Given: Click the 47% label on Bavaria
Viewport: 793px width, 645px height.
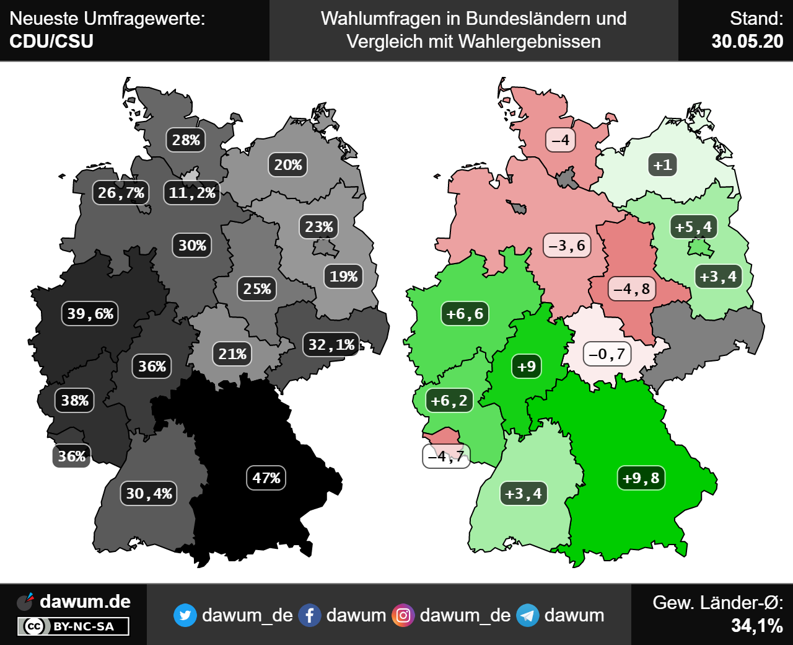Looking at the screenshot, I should (x=266, y=478).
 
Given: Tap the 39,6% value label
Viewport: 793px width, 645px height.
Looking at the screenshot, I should (x=90, y=314).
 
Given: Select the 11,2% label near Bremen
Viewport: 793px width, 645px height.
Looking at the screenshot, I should (x=192, y=193).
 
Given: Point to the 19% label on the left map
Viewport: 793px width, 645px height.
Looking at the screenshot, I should (x=343, y=277).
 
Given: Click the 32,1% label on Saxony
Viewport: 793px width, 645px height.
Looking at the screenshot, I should (x=331, y=345).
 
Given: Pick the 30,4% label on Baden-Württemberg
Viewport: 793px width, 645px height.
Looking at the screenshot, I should (x=149, y=494).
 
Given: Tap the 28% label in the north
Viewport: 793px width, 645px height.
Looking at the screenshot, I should (x=186, y=140).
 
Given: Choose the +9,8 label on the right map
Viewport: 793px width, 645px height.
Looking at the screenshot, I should (x=641, y=478).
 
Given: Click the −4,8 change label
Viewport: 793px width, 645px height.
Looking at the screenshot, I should (x=632, y=289).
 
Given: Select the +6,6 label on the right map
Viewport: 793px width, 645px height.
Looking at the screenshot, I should (x=465, y=314).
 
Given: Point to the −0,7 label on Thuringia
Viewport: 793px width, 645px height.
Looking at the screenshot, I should (x=607, y=354).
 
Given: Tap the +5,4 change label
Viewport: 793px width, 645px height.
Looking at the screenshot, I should (x=693, y=227).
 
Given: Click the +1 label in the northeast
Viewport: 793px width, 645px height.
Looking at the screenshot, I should (x=662, y=165).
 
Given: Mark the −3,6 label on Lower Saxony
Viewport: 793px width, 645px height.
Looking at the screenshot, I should (x=567, y=246).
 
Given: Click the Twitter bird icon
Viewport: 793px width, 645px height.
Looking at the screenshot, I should (x=185, y=615).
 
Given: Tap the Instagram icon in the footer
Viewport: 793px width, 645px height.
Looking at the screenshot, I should (x=403, y=615).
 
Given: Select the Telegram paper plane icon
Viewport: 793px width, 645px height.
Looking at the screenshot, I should (x=527, y=615).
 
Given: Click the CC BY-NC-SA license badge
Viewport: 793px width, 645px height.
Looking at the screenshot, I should (x=73, y=626).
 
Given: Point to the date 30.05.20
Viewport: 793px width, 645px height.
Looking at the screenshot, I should (x=747, y=42).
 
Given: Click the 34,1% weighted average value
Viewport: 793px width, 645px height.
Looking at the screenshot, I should (x=756, y=626).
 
